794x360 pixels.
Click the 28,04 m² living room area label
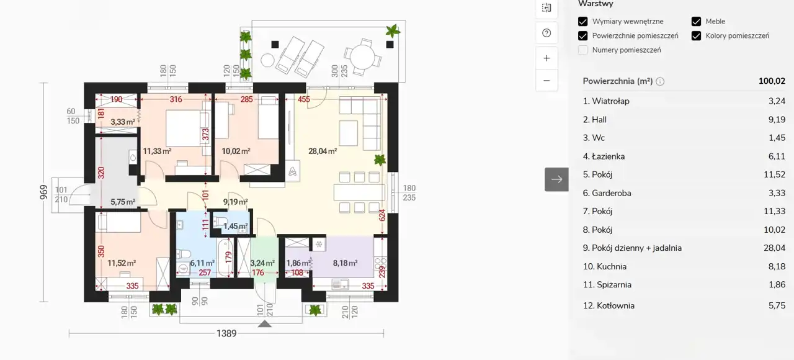click(322, 151)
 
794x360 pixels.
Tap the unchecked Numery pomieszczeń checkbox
click(582, 50)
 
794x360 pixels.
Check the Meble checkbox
click(696, 21)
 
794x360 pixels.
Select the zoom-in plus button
click(546, 58)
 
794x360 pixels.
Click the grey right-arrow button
click(556, 179)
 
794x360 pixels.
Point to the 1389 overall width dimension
click(226, 333)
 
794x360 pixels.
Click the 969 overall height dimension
click(43, 192)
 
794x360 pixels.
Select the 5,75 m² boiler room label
click(123, 202)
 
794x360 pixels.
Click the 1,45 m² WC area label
click(235, 227)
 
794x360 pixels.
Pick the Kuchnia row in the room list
click(684, 266)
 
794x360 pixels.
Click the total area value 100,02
click(772, 81)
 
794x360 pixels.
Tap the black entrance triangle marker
click(264, 324)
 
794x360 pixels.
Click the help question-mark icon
click(546, 33)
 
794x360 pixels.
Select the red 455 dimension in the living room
click(304, 100)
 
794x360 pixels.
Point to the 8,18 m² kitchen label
click(345, 263)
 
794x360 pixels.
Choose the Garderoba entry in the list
click(684, 193)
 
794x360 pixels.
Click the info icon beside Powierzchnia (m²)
click(660, 81)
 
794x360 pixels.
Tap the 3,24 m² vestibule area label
click(262, 263)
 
